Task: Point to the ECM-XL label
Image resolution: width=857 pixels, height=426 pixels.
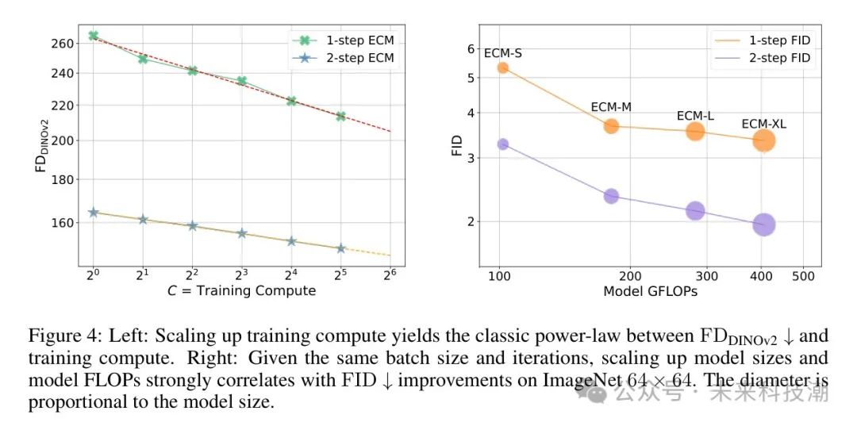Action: click(763, 124)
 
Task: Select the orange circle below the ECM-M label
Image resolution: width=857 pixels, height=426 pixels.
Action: click(611, 125)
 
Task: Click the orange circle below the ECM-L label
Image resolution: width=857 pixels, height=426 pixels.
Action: click(695, 131)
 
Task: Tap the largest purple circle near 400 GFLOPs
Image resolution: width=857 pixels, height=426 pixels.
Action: click(763, 225)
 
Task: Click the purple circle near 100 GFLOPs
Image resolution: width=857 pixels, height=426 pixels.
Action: click(502, 144)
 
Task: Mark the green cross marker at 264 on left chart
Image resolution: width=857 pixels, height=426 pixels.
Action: click(93, 36)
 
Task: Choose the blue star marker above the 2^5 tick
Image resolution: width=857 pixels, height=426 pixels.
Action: click(340, 248)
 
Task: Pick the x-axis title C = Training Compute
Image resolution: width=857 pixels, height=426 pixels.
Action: click(241, 290)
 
